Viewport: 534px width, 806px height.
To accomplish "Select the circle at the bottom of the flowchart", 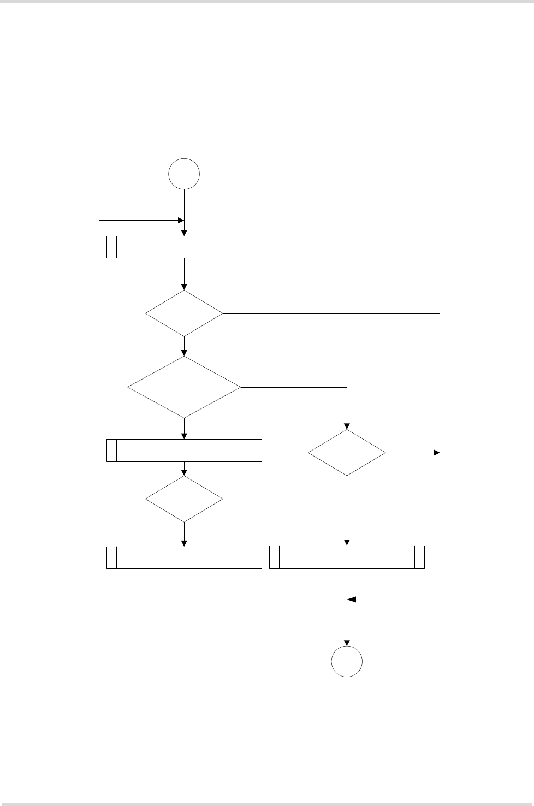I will (x=347, y=661).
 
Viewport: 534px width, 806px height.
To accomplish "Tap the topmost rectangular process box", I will (x=184, y=247).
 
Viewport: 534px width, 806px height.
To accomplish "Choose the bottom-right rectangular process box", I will (x=347, y=558).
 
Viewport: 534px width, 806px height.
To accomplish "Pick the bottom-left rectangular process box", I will (x=184, y=558).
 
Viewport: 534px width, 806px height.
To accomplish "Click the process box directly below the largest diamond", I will (x=184, y=451).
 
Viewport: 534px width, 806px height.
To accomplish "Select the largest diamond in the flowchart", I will (x=184, y=387).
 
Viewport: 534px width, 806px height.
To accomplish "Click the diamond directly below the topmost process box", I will (x=184, y=313).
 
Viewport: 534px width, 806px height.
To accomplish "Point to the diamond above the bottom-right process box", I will (x=347, y=453).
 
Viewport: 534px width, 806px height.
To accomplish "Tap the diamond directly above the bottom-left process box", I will (x=184, y=499).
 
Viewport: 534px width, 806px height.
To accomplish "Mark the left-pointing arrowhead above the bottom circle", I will (x=352, y=600).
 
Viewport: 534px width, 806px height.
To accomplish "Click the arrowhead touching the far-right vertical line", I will (x=436, y=453).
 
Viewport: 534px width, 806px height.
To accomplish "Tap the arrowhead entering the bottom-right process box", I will (x=347, y=542).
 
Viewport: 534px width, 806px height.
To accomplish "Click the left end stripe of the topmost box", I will (x=112, y=247).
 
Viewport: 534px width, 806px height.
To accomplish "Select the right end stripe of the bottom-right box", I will (x=419, y=558).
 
